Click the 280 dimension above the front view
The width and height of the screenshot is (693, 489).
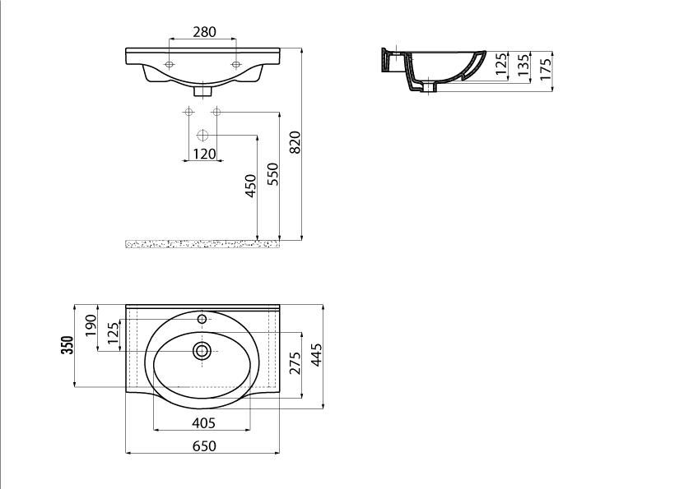205,32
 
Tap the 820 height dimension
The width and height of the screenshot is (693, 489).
295,142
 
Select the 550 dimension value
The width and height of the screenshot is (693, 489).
273,174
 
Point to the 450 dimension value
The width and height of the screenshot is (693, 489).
250,186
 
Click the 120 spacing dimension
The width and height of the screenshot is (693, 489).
205,154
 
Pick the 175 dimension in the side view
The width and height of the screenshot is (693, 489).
546,69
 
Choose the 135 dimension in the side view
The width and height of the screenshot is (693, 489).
523,65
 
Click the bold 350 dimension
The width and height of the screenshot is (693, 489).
67,345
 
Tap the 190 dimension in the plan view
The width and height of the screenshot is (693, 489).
91,325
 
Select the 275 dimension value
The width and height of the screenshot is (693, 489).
295,362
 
